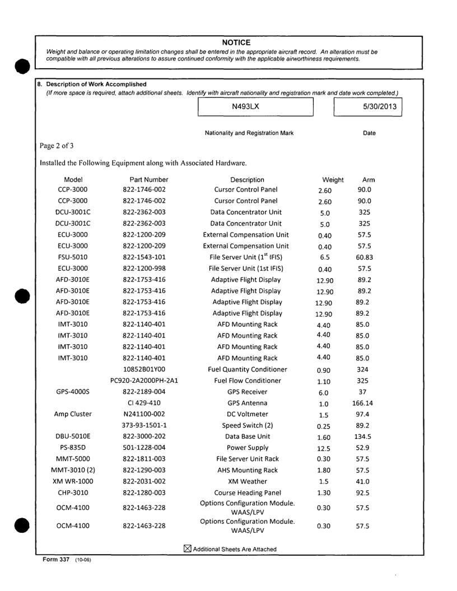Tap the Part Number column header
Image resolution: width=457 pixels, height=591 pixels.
(149, 180)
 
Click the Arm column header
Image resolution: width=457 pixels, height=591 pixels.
(369, 180)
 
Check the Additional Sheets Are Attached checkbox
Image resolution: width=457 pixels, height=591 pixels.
(187, 549)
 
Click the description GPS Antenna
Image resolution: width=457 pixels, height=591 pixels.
(247, 403)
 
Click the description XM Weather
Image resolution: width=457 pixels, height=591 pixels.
(247, 481)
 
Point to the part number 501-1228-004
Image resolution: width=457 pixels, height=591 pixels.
(149, 448)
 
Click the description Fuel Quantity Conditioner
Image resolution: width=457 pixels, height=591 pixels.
(247, 369)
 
